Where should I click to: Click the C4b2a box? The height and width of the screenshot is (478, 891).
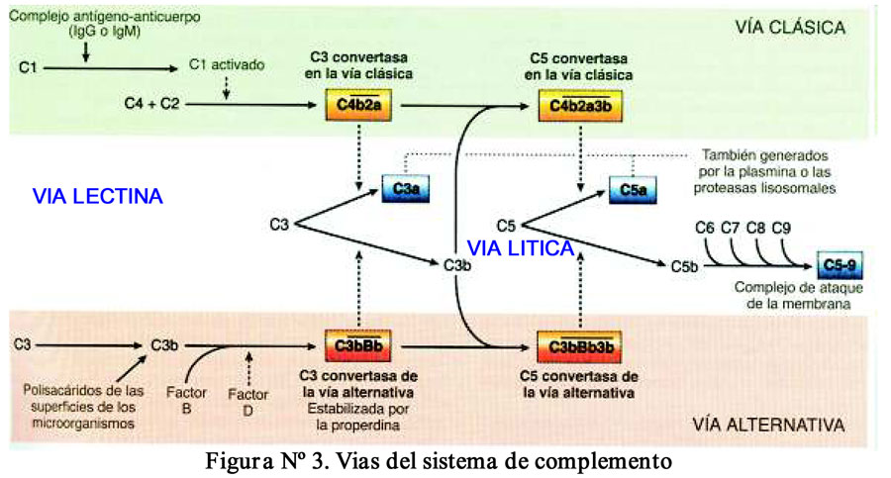point(353,104)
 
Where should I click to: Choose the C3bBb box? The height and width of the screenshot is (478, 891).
point(353,346)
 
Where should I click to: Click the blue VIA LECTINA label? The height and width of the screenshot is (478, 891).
point(97,197)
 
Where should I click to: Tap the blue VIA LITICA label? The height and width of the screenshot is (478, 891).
point(520,247)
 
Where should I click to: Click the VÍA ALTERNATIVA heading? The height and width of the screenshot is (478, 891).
point(767,427)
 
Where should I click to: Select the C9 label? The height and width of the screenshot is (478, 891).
point(782,228)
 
